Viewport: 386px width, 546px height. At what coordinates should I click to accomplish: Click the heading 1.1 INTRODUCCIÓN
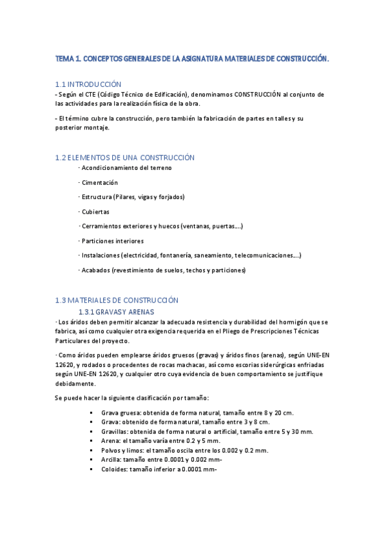tap(88, 84)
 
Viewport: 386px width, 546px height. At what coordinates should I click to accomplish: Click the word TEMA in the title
tap(65, 59)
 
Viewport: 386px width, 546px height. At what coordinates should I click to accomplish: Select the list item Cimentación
tap(100, 182)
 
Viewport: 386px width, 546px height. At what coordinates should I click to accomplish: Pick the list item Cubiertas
tap(95, 211)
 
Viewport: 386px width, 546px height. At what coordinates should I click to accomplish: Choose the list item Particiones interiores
tap(112, 241)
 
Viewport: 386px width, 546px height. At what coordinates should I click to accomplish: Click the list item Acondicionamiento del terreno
tap(126, 167)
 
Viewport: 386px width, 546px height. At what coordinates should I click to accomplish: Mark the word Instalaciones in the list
tap(102, 256)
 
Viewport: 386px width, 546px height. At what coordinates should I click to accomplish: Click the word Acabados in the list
tap(95, 270)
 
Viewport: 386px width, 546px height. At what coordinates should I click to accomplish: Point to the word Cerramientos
tap(102, 226)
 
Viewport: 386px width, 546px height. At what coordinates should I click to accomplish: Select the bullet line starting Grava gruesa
tap(197, 413)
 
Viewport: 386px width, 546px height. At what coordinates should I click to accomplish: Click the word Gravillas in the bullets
tap(115, 431)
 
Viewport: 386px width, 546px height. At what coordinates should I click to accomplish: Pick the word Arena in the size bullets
tap(110, 441)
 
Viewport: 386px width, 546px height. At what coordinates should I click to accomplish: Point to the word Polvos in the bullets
tap(111, 451)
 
